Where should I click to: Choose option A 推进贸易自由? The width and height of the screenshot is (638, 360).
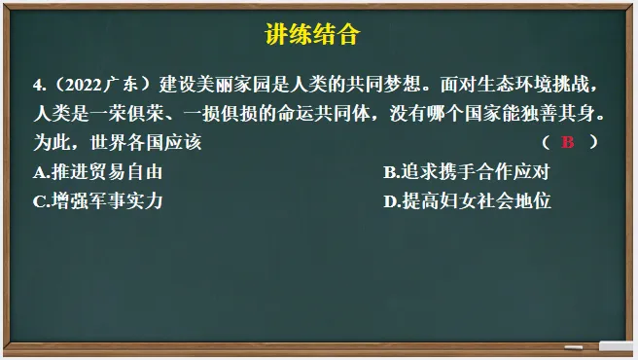coord(97,173)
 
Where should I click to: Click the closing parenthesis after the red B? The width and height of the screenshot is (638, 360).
coord(593,143)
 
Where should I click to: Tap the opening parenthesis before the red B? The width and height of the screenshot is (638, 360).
coord(546,143)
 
